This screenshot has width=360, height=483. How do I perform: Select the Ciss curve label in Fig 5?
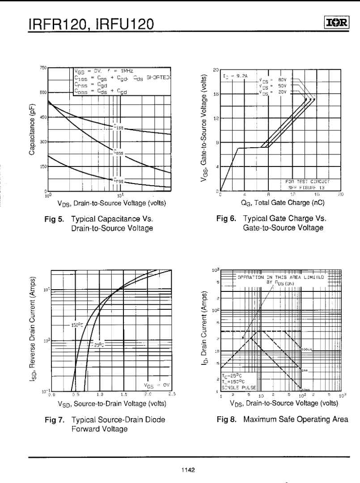click(x=118, y=127)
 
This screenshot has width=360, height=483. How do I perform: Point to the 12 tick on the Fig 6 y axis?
click(x=216, y=118)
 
